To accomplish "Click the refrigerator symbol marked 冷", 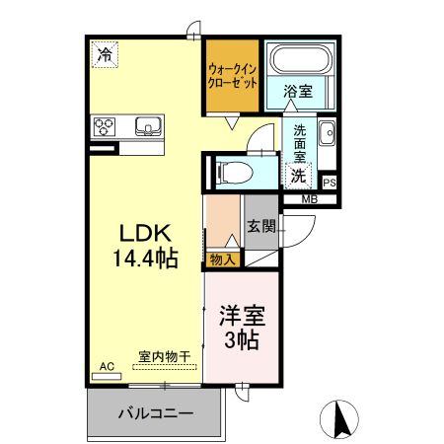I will (105, 54).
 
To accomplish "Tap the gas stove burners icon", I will (106, 125).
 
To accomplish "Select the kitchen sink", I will (148, 125).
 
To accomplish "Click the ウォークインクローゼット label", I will (233, 77).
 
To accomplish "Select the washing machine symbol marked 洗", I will (298, 176).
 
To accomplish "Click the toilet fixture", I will (235, 172).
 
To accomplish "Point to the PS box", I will (329, 183).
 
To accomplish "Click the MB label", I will (309, 200).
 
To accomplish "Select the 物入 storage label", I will (223, 260).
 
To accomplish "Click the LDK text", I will (147, 234).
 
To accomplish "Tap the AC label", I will (108, 367).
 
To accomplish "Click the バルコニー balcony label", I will (156, 411).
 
